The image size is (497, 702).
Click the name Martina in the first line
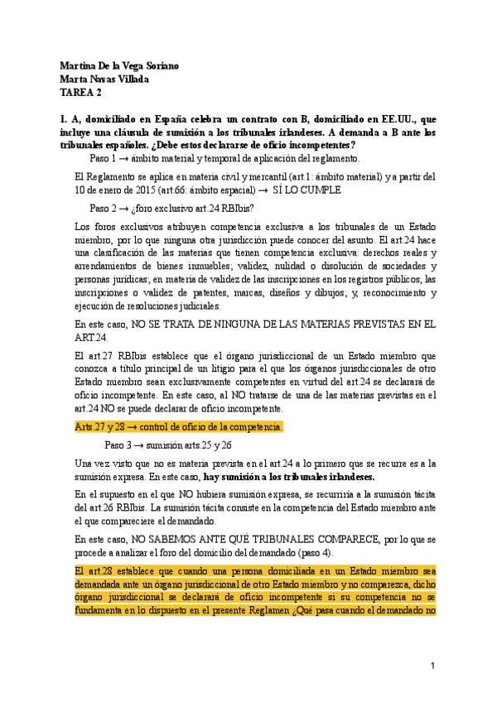pyautogui.click(x=78, y=66)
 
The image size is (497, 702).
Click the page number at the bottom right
pyautogui.click(x=432, y=666)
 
